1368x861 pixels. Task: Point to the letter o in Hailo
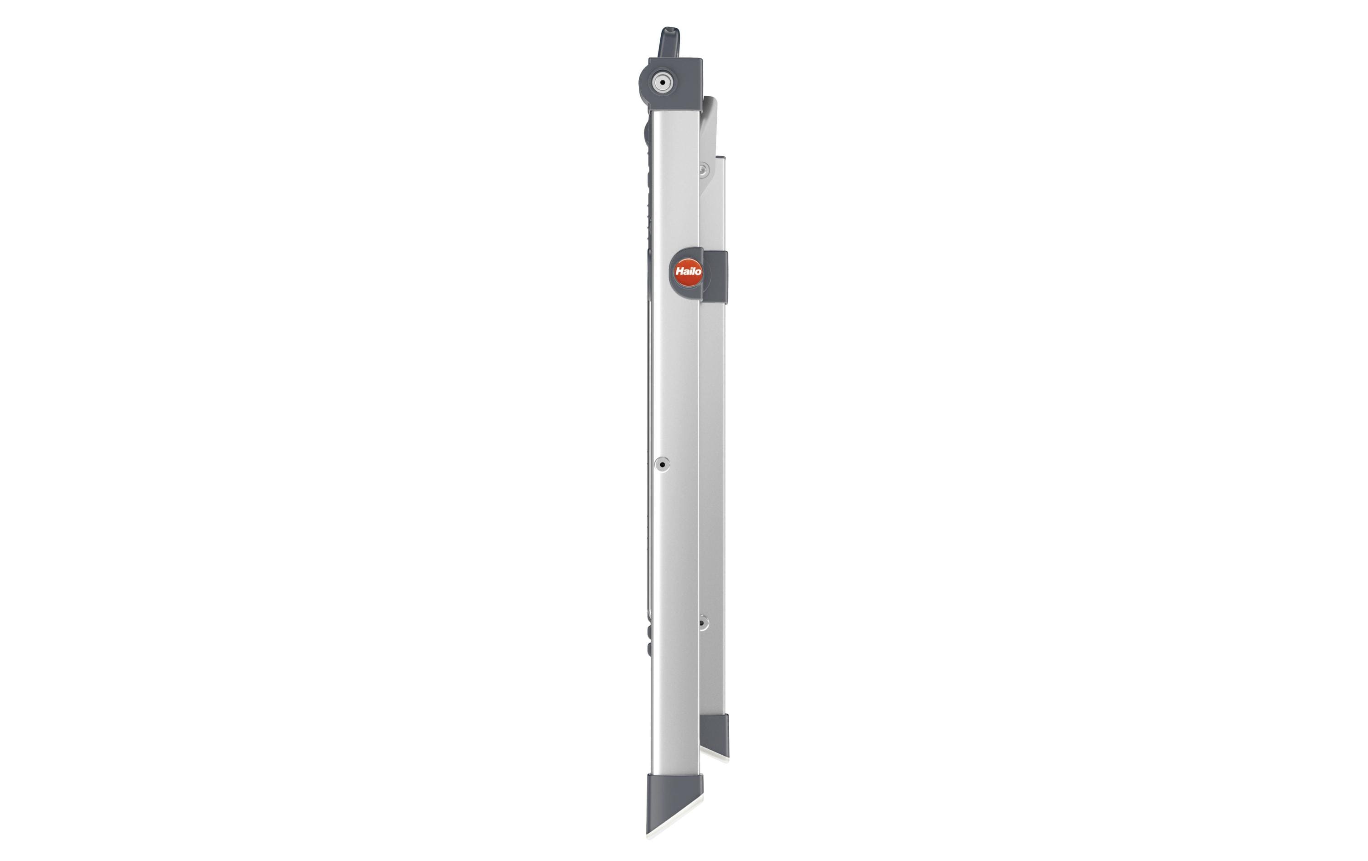pyautogui.click(x=698, y=272)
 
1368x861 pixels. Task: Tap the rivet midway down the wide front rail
pyautogui.click(x=661, y=464)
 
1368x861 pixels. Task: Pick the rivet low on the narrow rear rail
pyautogui.click(x=703, y=623)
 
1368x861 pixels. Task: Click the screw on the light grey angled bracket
pyautogui.click(x=703, y=169)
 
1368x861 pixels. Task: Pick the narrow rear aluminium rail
pyautogui.click(x=714, y=455)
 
